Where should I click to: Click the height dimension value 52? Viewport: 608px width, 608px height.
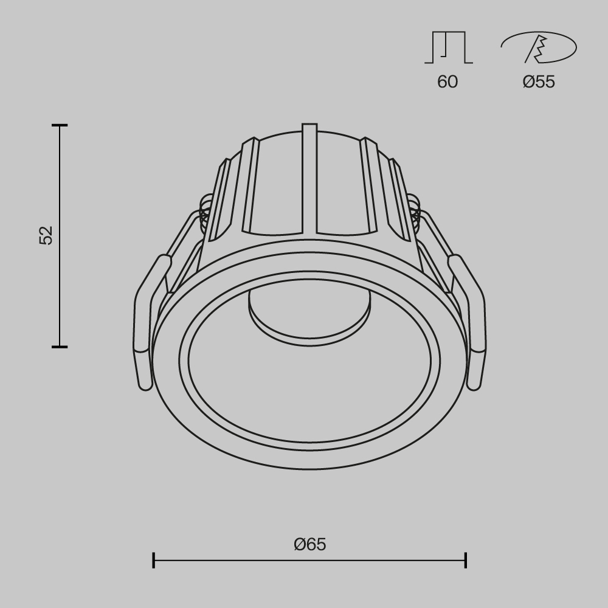[x=47, y=235]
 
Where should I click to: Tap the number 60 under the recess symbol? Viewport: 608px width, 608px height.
[x=447, y=82]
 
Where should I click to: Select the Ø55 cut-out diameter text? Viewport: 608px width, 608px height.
[x=539, y=82]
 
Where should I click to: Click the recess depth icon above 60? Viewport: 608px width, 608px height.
[x=448, y=48]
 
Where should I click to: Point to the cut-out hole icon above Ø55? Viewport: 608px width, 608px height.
[x=538, y=48]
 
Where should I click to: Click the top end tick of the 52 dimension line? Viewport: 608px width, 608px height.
[x=60, y=125]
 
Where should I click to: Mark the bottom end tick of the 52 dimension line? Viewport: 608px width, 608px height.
[x=60, y=347]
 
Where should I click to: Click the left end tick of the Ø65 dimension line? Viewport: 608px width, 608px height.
[x=153, y=560]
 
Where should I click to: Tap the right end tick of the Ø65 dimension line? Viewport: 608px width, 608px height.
[x=466, y=560]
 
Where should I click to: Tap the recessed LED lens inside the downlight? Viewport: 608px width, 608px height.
[x=309, y=313]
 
